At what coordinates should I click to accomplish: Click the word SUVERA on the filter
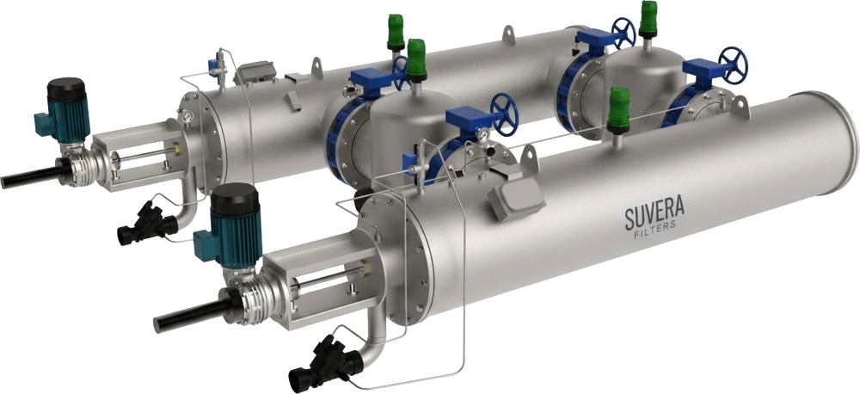click(x=654, y=214)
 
